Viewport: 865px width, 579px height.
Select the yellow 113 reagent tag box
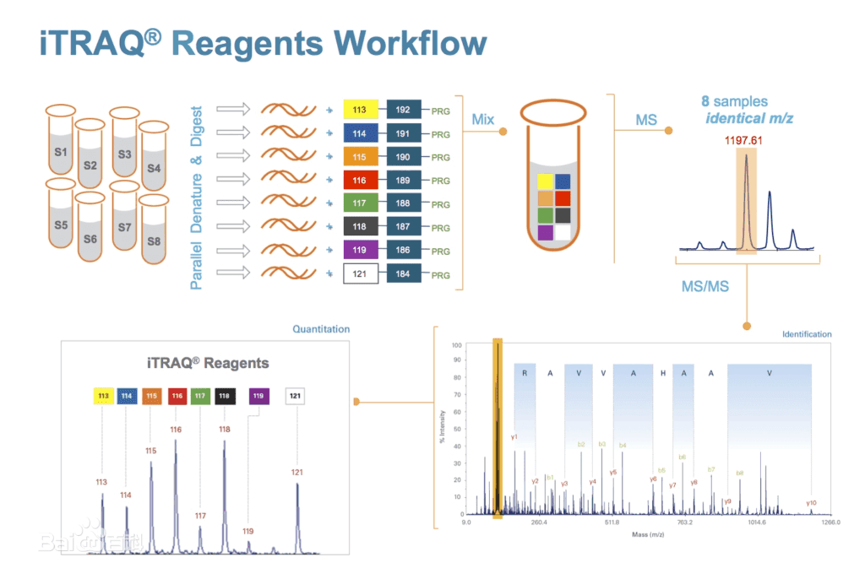(359, 110)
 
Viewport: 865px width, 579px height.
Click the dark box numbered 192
(403, 110)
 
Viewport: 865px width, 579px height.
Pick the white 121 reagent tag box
(359, 274)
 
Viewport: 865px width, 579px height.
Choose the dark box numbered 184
(403, 274)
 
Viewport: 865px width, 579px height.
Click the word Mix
(482, 120)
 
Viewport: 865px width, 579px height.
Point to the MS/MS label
(705, 287)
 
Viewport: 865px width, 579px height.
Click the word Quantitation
(321, 329)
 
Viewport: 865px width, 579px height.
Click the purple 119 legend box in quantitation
(258, 395)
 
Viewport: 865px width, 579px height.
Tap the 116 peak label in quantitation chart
(176, 430)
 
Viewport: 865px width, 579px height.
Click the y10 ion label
(811, 502)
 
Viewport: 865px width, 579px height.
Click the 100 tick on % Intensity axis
(457, 345)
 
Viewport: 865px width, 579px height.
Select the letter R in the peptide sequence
(525, 372)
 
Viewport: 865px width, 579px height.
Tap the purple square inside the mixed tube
(545, 231)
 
